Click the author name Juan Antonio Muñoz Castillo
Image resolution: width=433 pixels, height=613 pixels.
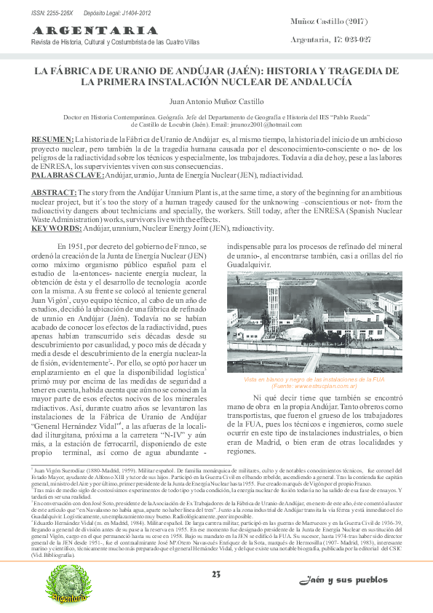coord(216,102)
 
